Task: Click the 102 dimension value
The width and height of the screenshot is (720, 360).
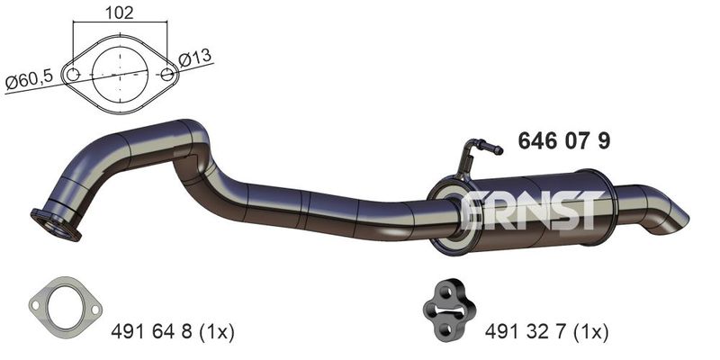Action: click(x=120, y=13)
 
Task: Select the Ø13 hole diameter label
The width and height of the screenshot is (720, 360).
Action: click(x=195, y=58)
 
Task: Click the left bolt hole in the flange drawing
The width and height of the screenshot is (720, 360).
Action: click(x=73, y=74)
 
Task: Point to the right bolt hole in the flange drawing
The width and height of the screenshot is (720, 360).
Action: click(x=167, y=74)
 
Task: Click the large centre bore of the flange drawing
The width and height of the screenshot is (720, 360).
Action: click(x=120, y=74)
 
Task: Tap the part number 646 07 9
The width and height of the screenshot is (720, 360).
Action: click(x=564, y=140)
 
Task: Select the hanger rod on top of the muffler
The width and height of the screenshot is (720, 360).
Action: click(x=477, y=156)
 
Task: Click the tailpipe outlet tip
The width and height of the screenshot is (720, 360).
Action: click(x=672, y=222)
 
